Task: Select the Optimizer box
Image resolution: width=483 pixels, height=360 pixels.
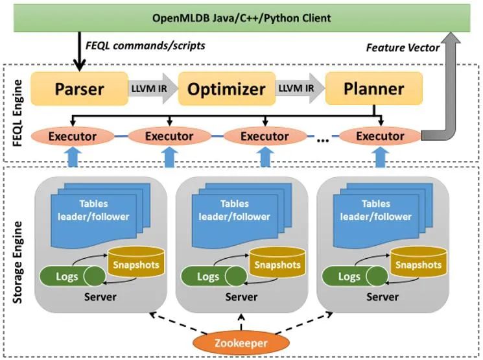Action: tap(226, 89)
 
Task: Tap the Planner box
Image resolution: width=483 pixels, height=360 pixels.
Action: tap(373, 89)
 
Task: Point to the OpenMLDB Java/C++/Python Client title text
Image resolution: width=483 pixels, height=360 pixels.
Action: tap(241, 18)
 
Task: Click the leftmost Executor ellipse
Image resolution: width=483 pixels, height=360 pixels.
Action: tap(73, 136)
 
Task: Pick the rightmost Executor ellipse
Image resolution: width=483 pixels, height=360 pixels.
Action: tap(380, 136)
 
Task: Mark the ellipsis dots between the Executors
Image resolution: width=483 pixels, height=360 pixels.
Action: tap(322, 138)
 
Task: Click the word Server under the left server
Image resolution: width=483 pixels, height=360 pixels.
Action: tap(100, 297)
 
